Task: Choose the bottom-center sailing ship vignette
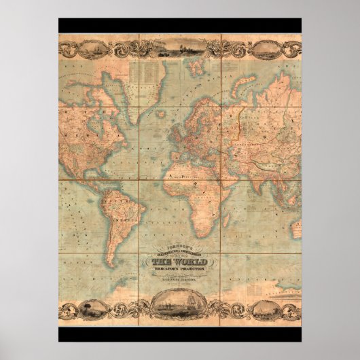pyautogui.click(x=179, y=308)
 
